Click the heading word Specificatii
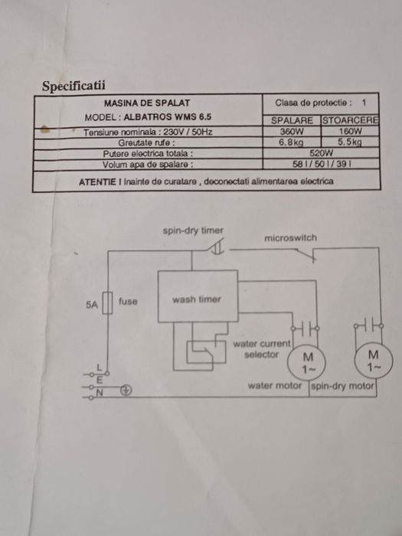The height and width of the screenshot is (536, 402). [x=74, y=86]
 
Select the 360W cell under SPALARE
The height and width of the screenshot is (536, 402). [x=292, y=131]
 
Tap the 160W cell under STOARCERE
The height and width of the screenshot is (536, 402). [x=351, y=131]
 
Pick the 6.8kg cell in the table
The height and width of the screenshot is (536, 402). [x=291, y=142]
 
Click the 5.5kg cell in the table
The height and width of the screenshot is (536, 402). [x=350, y=142]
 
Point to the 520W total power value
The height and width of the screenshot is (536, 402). [x=321, y=153]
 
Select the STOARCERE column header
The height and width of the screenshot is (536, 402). [x=351, y=120]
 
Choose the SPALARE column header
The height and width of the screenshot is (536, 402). [x=292, y=121]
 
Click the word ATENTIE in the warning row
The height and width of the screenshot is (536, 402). [x=97, y=182]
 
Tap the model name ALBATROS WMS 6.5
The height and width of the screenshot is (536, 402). [x=168, y=117]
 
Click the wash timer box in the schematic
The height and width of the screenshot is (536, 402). [x=198, y=296]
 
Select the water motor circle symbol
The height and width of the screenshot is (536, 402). [x=306, y=363]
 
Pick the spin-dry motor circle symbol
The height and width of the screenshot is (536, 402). [x=374, y=361]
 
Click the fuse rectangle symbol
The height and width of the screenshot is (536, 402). [x=108, y=303]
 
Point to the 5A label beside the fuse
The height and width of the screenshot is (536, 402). [x=92, y=305]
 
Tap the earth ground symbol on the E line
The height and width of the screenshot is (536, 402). [x=126, y=390]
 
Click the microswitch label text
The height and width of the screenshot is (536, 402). [x=290, y=238]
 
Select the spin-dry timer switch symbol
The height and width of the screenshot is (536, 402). [x=217, y=247]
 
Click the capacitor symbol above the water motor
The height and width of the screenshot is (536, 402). [x=306, y=328]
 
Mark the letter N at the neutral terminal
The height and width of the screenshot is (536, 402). [x=100, y=394]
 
